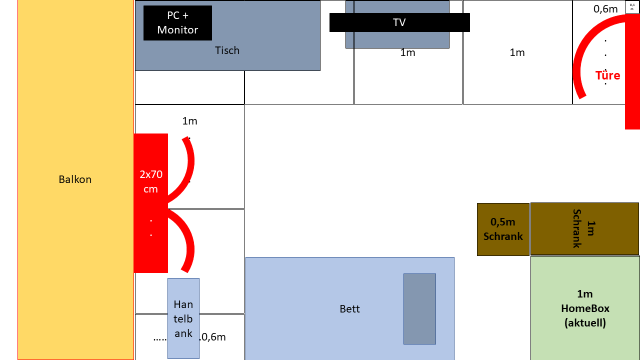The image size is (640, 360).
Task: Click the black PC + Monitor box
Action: tap(177, 23)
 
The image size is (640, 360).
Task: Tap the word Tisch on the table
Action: tap(227, 50)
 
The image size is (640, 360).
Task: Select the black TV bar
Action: tap(399, 22)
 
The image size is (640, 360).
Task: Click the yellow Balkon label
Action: tap(75, 179)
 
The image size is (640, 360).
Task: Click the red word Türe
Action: tap(607, 75)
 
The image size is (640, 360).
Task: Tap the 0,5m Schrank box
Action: tap(503, 229)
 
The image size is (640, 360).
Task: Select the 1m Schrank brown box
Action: tap(584, 228)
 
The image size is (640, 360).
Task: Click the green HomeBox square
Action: tap(584, 308)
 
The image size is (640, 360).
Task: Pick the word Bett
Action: tap(349, 309)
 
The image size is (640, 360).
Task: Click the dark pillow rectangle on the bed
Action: tap(419, 308)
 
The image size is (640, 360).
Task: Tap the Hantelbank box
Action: tap(183, 318)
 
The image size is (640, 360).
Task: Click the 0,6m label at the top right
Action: tap(605, 9)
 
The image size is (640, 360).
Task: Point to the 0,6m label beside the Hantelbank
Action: tap(213, 337)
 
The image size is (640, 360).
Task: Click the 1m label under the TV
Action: tap(407, 52)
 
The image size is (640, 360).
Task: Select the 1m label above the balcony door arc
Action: tap(189, 121)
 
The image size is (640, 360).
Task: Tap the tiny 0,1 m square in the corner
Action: tap(632, 7)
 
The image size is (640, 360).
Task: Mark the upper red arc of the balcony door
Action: tap(189, 170)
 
